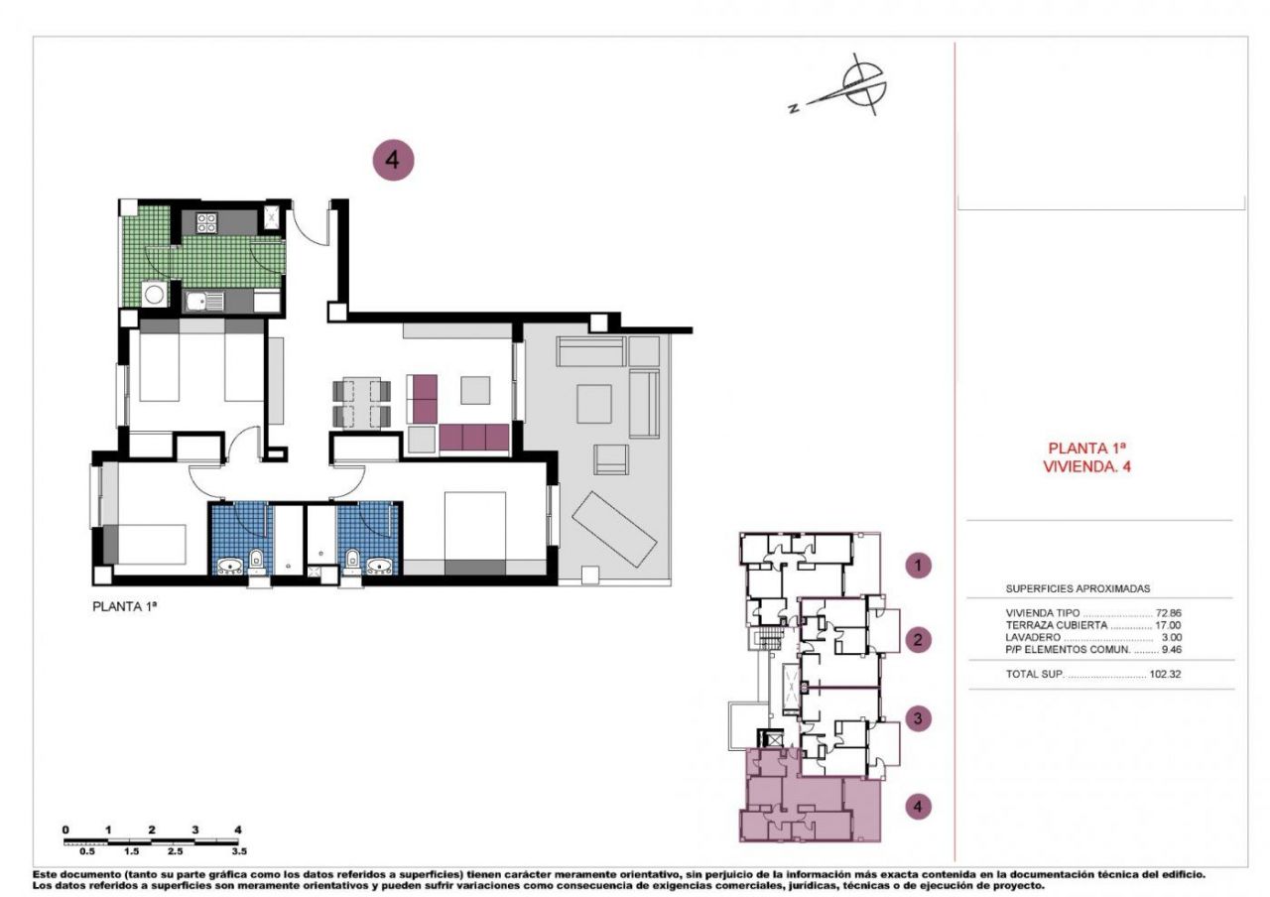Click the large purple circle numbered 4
point(393,160)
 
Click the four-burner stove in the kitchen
point(206,221)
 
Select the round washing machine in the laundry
point(154,294)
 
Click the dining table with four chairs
point(362,403)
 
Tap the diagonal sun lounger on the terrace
point(614,528)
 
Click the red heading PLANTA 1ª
point(1086,448)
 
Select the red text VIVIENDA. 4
point(1086,466)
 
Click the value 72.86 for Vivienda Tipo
point(1168,613)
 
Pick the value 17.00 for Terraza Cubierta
point(1168,625)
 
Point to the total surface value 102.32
point(1165,674)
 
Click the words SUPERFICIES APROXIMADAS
point(1078,588)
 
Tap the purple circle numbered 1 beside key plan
point(918,566)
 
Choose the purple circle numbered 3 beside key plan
point(918,719)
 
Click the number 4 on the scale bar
point(238,830)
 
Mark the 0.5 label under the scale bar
point(87,851)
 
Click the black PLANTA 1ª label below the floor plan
point(124,606)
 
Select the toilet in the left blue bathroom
point(256,561)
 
